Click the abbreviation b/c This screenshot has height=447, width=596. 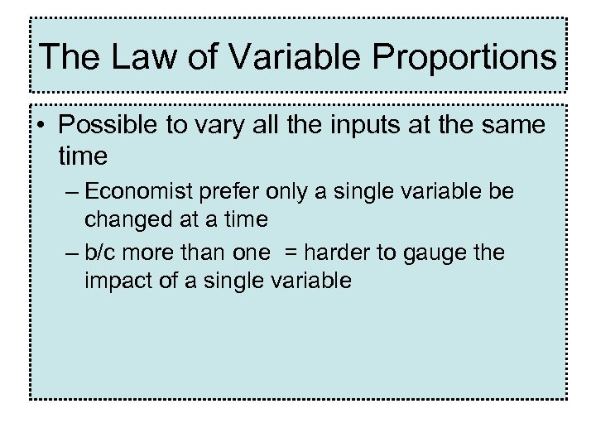point(103,252)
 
